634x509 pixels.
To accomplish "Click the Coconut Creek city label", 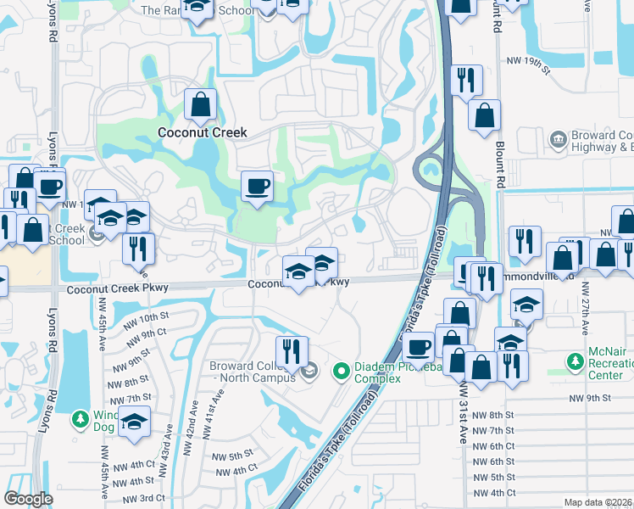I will click(x=203, y=132).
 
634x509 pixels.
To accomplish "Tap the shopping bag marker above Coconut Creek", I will click(x=202, y=106).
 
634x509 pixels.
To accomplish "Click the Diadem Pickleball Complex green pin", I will click(x=342, y=371).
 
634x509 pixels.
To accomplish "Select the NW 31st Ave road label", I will click(x=464, y=433).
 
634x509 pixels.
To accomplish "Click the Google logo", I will click(x=28, y=499).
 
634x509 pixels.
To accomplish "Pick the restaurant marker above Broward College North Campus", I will click(x=292, y=350).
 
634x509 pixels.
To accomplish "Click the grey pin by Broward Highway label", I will click(x=559, y=139).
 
